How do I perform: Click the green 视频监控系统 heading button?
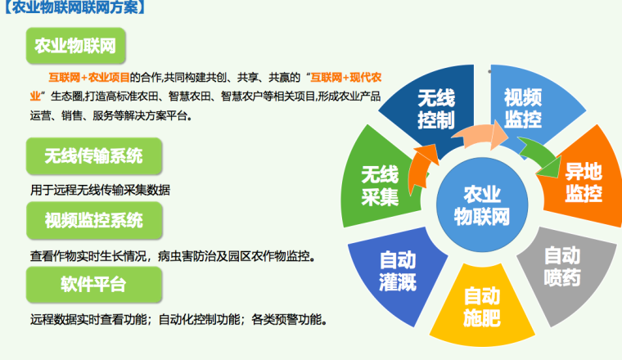pos(93,220)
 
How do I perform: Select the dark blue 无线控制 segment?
pos(435,108)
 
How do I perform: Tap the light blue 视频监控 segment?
pos(522,108)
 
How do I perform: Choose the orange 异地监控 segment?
pos(582,182)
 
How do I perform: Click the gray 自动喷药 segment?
pos(562,267)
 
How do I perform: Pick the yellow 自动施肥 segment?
pos(481,305)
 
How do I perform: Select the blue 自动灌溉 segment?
pos(398,270)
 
